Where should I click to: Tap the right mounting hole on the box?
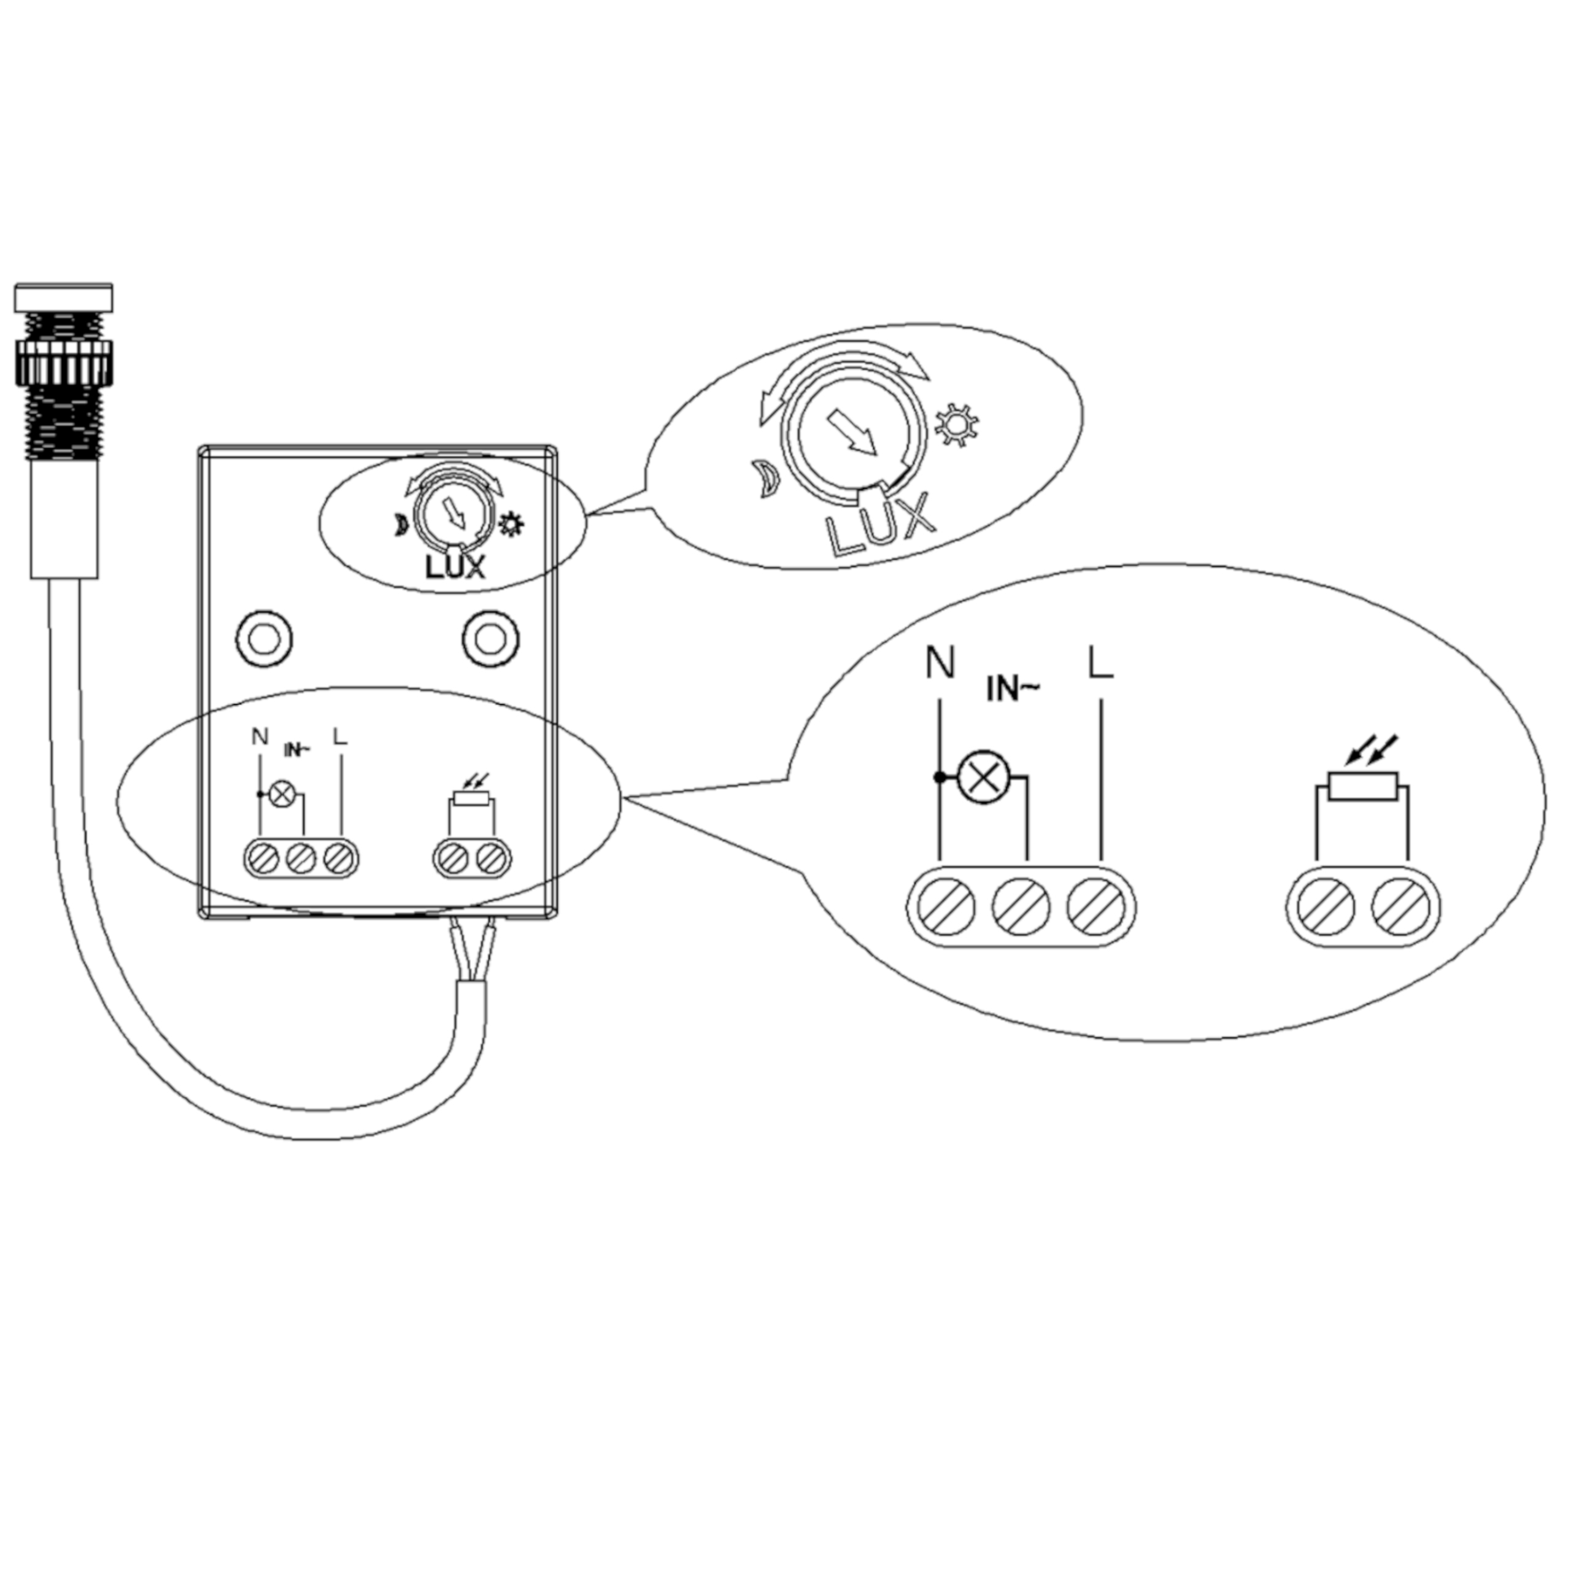coord(490,639)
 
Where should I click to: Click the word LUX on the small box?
coord(455,567)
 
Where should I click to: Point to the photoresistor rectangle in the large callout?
coord(1363,787)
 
